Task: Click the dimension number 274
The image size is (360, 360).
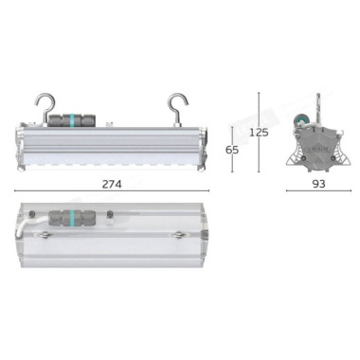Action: point(112,184)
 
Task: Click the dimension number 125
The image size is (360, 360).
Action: point(259,133)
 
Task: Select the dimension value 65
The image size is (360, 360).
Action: point(232,150)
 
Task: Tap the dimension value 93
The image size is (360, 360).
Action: point(318,184)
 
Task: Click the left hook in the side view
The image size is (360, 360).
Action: point(45,107)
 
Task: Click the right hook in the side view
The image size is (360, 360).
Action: point(179,107)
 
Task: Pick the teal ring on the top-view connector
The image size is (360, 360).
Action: point(73,217)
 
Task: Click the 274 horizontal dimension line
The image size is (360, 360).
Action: point(112,190)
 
